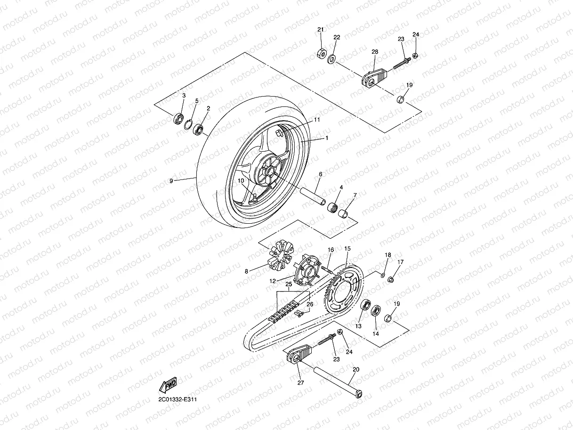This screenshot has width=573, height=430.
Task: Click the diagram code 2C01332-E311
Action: pyautogui.click(x=178, y=400)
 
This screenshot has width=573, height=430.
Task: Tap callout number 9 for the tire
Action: pyautogui.click(x=172, y=180)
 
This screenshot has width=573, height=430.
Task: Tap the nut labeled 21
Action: pyautogui.click(x=321, y=53)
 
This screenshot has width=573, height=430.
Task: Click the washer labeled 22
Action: pyautogui.click(x=331, y=59)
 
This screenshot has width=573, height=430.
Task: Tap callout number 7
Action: pyautogui.click(x=355, y=195)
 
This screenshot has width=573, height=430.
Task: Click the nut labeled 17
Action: pyautogui.click(x=391, y=280)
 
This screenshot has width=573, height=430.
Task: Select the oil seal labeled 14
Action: pyautogui.click(x=376, y=311)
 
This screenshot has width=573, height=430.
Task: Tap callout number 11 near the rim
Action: pyautogui.click(x=317, y=120)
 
